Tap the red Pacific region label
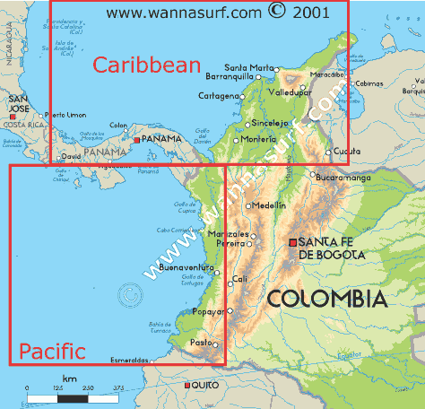53,351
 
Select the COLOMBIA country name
327,298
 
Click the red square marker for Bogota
293,242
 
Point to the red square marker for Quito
186,385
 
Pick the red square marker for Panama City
135,141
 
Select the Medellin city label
269,205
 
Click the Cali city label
240,279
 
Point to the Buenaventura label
185,267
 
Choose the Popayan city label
208,312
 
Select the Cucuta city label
347,152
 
